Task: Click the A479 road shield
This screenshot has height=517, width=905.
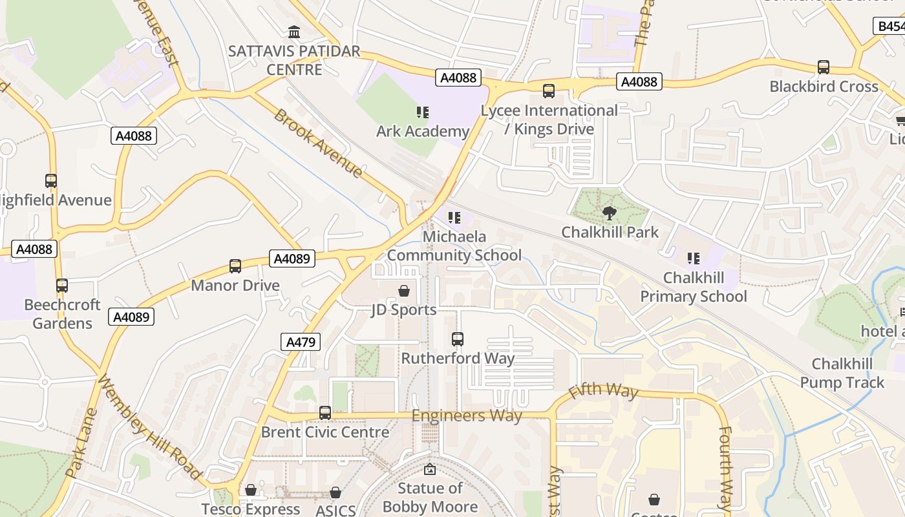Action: pyautogui.click(x=301, y=341)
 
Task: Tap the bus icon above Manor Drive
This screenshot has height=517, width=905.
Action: pyautogui.click(x=235, y=266)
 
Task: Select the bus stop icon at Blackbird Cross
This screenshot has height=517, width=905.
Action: pyautogui.click(x=824, y=67)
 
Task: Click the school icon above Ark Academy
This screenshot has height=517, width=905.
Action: pyautogui.click(x=423, y=113)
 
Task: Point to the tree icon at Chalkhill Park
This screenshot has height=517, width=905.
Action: pyautogui.click(x=609, y=213)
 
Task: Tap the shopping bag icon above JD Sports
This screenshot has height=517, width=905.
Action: pyautogui.click(x=404, y=291)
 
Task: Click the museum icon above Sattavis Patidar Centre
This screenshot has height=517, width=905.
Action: pyautogui.click(x=294, y=32)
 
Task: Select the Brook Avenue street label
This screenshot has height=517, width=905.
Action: pyautogui.click(x=318, y=143)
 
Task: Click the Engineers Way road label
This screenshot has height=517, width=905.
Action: pyautogui.click(x=467, y=416)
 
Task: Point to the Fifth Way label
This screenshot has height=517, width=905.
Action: pyautogui.click(x=603, y=390)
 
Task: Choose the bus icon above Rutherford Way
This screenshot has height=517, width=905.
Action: pyautogui.click(x=458, y=339)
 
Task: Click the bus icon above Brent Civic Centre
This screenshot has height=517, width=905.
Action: pyautogui.click(x=325, y=413)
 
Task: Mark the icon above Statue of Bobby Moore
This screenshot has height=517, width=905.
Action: pyautogui.click(x=430, y=469)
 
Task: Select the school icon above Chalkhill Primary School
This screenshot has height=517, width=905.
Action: pyautogui.click(x=694, y=259)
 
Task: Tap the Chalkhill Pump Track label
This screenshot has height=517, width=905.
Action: pyautogui.click(x=842, y=373)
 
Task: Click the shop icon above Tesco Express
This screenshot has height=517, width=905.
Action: pyautogui.click(x=251, y=491)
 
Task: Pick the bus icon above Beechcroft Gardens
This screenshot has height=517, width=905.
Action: pyautogui.click(x=62, y=286)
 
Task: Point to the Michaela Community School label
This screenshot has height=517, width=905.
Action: pyautogui.click(x=454, y=246)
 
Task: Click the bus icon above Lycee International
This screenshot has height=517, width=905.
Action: pyautogui.click(x=549, y=92)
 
